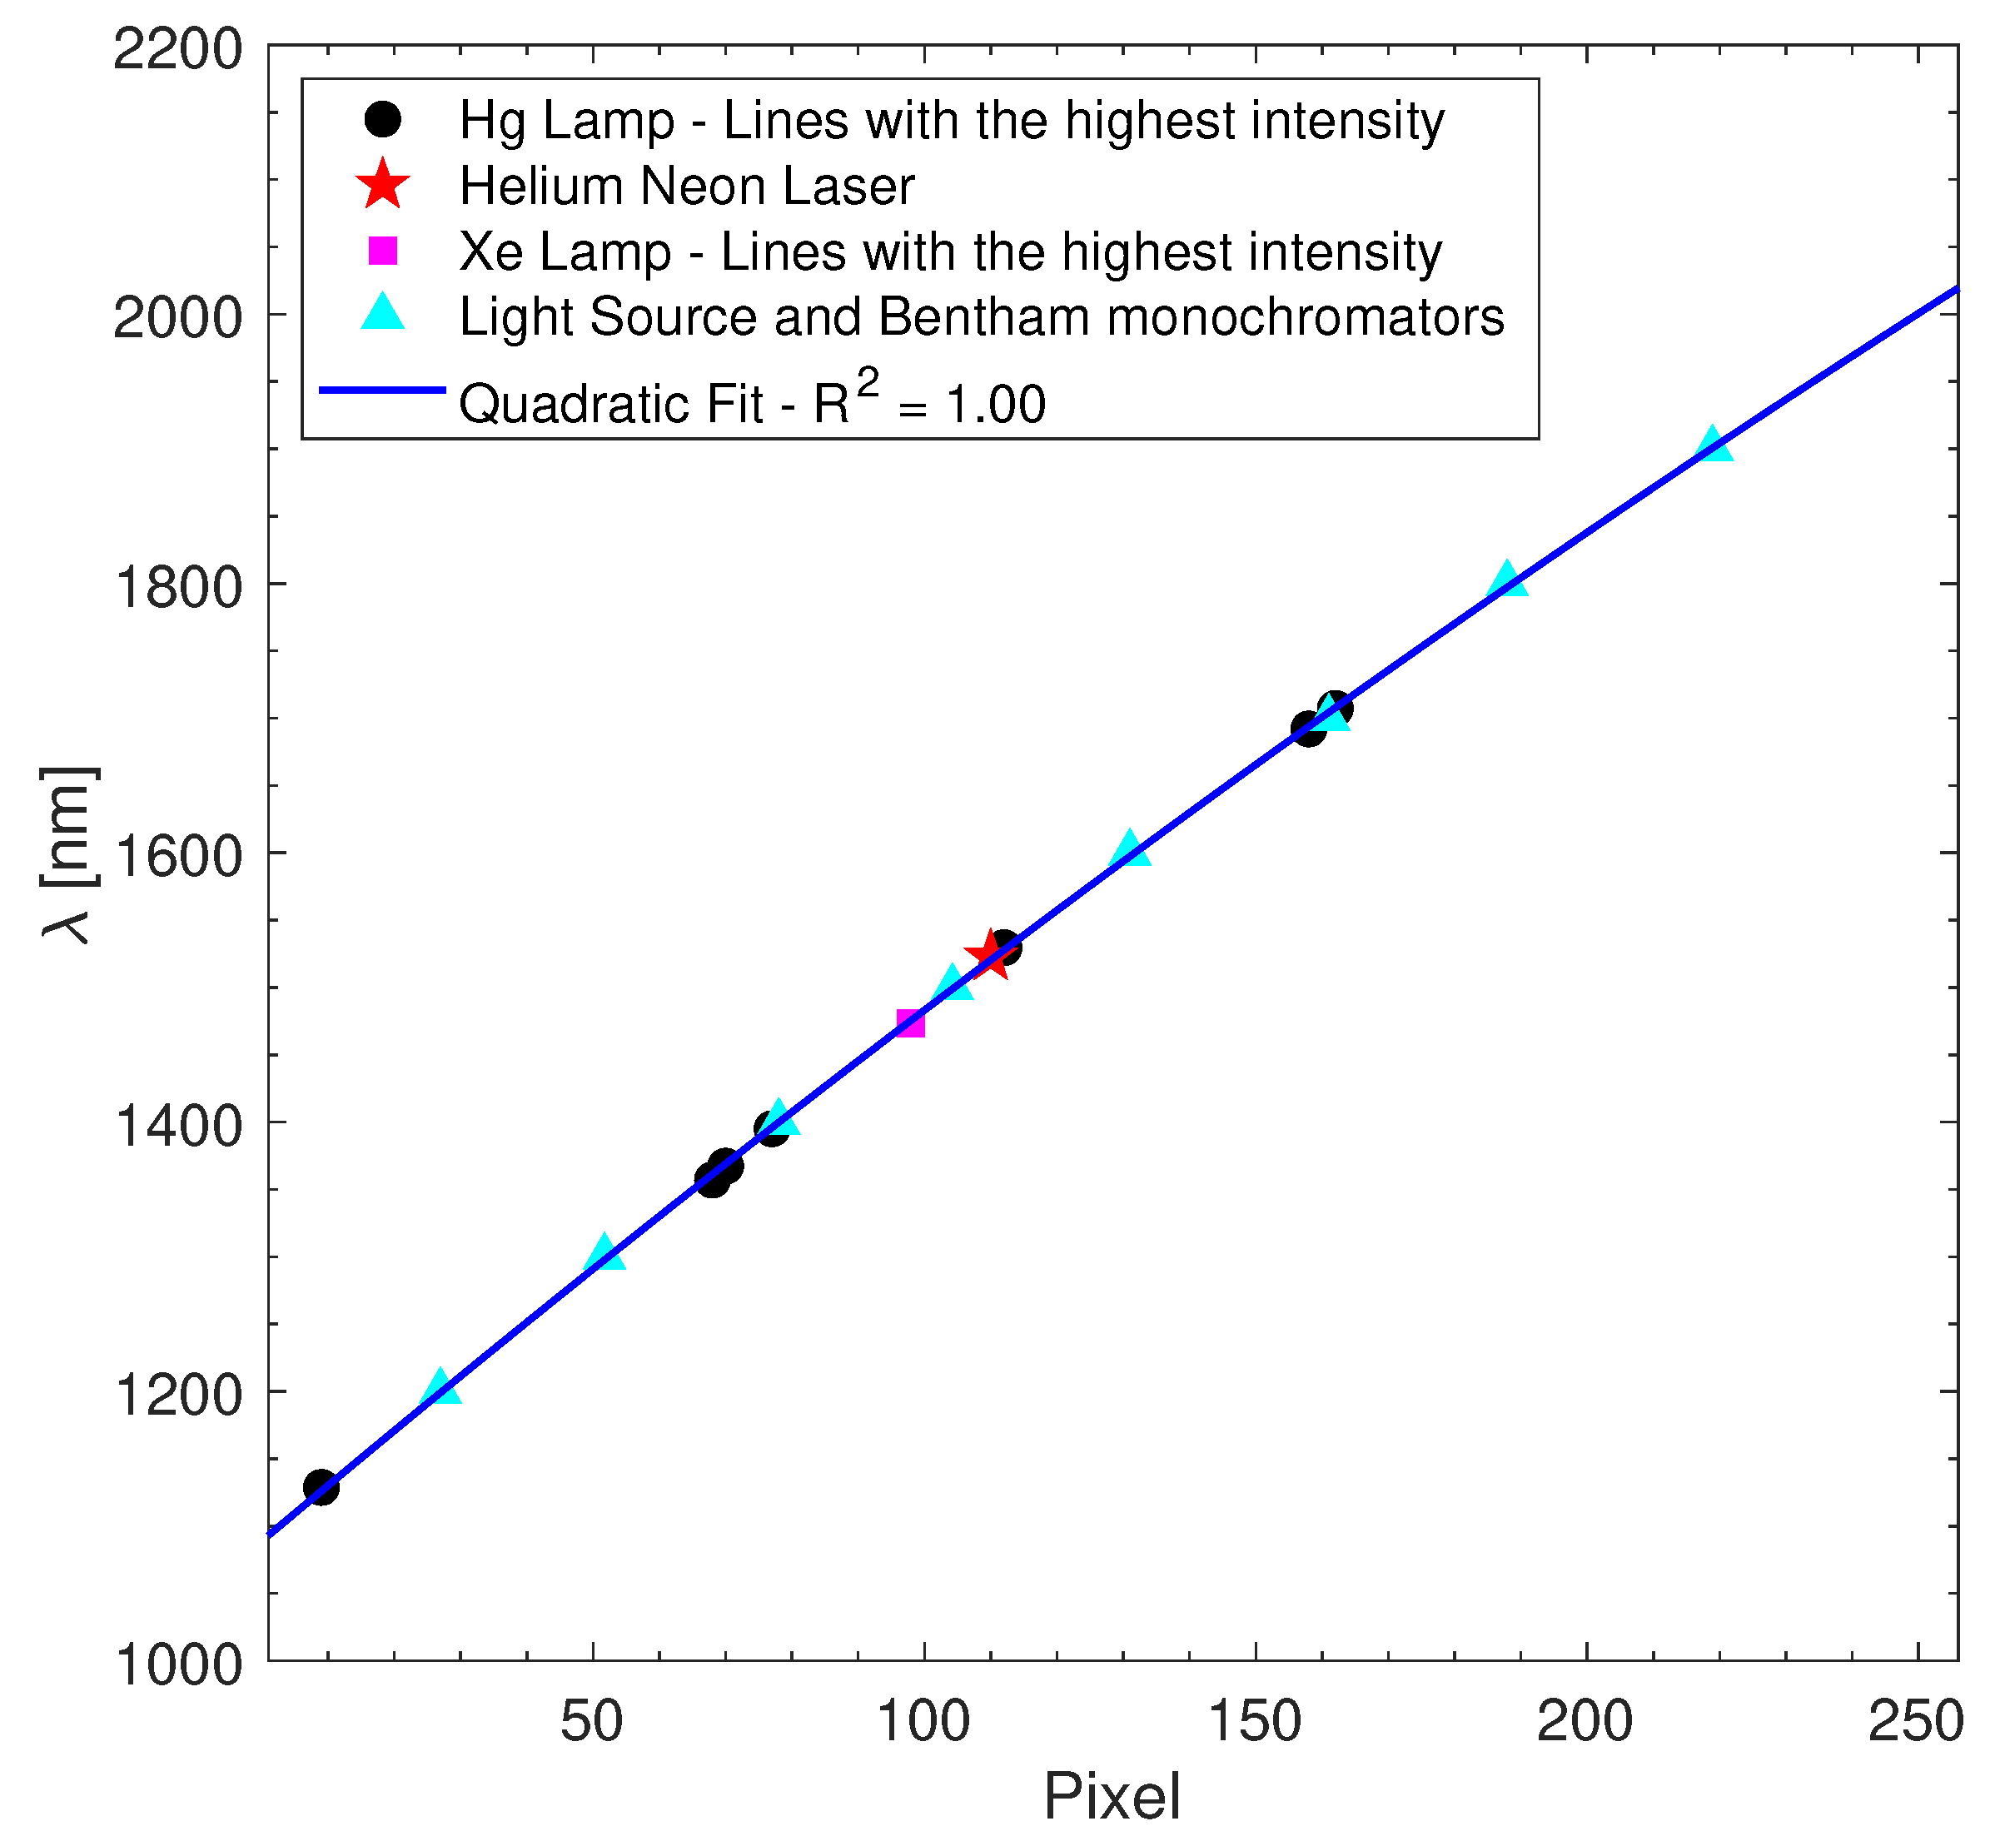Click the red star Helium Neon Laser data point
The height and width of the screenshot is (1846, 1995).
[x=991, y=955]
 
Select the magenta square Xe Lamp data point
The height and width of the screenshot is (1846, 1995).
[x=910, y=1023]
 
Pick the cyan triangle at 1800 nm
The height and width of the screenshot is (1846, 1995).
[x=1507, y=580]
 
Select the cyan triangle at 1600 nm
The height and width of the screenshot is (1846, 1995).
[x=1130, y=850]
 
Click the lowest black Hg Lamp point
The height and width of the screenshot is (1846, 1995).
[x=321, y=1486]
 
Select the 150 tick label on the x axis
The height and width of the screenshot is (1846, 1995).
[x=1255, y=1721]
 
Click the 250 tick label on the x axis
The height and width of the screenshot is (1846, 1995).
[x=1916, y=1721]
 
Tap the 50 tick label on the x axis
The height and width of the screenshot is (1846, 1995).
[x=592, y=1721]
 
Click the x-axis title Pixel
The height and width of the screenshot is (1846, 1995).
[x=1112, y=1797]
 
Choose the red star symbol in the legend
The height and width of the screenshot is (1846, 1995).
[x=383, y=185]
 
